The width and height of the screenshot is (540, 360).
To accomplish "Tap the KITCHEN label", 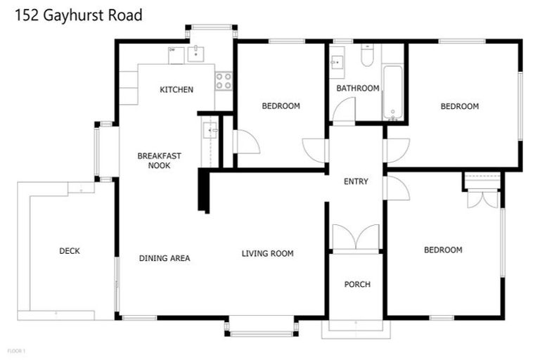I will [176, 89].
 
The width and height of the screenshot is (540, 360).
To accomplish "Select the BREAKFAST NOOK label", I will [154, 160].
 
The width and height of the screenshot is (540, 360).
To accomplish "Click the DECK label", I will [69, 251].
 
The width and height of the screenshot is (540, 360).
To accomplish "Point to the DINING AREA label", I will [165, 258].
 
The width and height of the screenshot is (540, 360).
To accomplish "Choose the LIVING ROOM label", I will [267, 253].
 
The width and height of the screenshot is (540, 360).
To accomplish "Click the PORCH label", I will [356, 284].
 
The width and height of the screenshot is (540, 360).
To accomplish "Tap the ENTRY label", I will [356, 181].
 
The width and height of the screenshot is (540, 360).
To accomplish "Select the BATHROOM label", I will [357, 88].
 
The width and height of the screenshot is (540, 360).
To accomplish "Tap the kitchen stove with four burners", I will [224, 81].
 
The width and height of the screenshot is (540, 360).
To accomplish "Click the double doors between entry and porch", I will [356, 238].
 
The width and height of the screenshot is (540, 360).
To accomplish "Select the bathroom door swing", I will [344, 110].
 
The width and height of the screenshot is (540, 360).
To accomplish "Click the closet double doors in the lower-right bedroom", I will [482, 199].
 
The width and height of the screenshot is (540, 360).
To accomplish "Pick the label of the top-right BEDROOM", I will [459, 106].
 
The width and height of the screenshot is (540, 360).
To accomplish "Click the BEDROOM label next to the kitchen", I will [281, 106].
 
